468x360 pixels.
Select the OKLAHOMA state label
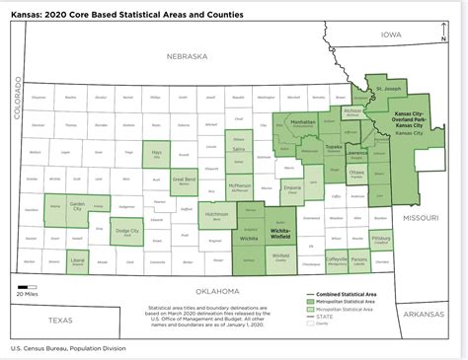217,292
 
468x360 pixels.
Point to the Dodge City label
127,231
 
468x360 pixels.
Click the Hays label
156,153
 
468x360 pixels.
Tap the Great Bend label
185,180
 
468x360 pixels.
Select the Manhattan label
302,122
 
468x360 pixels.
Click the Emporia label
292,186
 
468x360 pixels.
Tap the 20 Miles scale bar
26,286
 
